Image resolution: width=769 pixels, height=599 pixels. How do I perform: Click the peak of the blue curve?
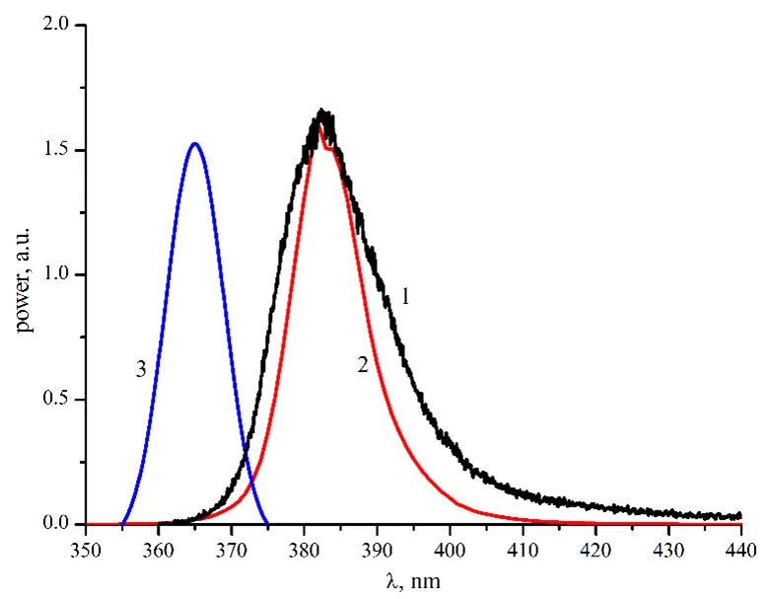[194, 144]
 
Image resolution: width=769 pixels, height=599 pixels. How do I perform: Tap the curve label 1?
[405, 294]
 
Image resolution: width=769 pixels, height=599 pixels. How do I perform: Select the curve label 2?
[363, 365]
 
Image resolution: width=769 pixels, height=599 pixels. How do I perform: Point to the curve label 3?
[141, 369]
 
